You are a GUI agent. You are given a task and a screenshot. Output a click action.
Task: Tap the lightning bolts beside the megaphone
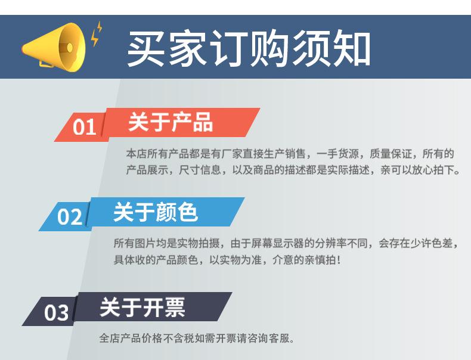97,33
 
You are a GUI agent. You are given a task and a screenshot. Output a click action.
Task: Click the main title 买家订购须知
249,48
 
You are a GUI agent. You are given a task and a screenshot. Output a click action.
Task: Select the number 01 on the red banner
84,127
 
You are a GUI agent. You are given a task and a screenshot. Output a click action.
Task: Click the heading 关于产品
171,122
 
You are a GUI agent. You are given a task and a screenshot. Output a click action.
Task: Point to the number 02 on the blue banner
69,216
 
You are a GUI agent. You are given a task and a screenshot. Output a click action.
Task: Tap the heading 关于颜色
156,212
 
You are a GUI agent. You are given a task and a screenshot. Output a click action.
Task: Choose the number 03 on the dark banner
56,313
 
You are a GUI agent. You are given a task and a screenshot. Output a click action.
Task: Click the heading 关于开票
142,308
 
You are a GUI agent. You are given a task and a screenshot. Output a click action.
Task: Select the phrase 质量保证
391,154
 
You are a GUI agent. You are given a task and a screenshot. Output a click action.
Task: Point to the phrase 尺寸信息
200,170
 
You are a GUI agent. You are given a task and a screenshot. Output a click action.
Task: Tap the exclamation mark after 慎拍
339,260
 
